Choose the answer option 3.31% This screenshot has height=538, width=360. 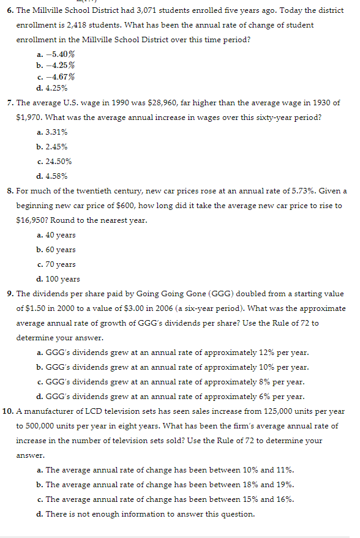[x=56, y=132]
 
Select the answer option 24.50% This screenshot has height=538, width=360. [x=58, y=161]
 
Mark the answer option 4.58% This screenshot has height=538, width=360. [x=56, y=176]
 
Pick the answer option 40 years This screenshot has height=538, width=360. [x=61, y=234]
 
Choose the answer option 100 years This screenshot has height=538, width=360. [x=62, y=278]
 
